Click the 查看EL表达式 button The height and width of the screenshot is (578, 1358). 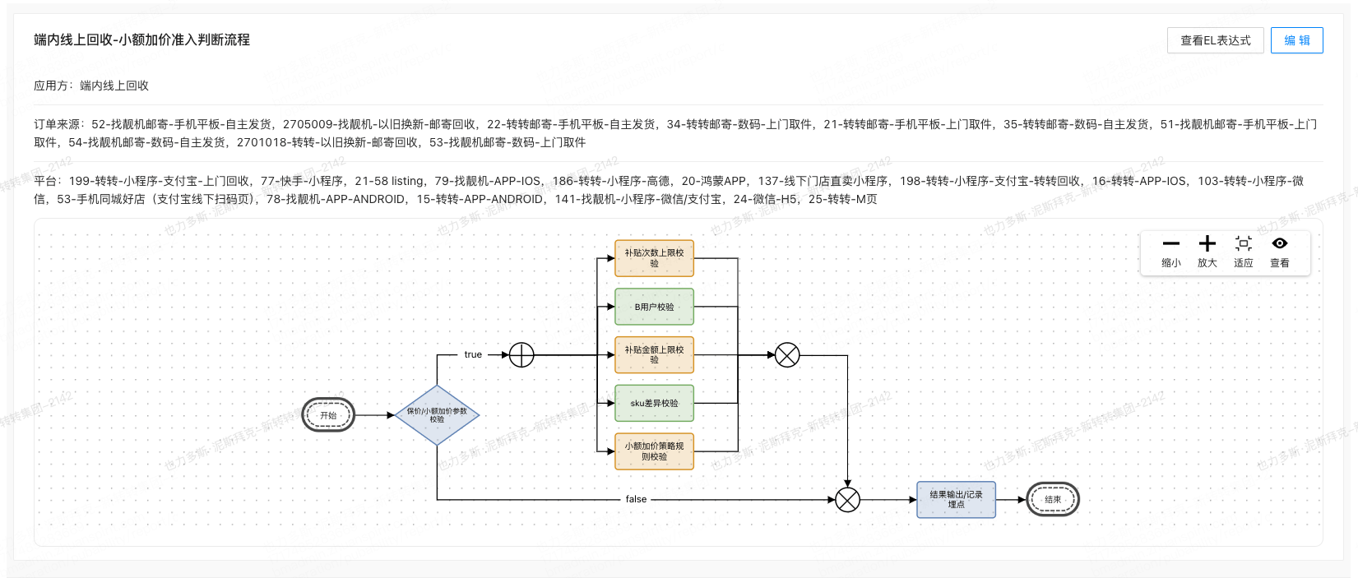(x=1215, y=40)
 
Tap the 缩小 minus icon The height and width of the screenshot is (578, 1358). (x=1170, y=243)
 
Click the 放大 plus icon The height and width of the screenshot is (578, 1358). (x=1207, y=243)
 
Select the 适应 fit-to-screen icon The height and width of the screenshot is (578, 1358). (x=1243, y=243)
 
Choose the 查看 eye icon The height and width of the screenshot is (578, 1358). (x=1279, y=243)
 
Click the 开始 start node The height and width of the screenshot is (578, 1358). (x=328, y=415)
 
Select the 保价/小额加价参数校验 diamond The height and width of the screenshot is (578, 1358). (x=437, y=415)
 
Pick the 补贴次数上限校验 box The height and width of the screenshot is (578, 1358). (x=654, y=258)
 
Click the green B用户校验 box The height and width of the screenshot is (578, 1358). (x=654, y=307)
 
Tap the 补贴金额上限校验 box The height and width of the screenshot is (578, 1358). (x=654, y=355)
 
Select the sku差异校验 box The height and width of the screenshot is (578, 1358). (x=654, y=404)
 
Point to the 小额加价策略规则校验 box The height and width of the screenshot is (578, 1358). (x=654, y=451)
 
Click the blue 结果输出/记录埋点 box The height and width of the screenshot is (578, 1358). (x=956, y=499)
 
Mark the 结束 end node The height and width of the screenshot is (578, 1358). (x=1053, y=499)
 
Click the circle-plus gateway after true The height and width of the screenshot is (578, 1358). (x=521, y=355)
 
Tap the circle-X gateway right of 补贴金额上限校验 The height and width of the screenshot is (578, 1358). (x=787, y=355)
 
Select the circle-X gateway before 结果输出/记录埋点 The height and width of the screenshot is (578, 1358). (x=847, y=499)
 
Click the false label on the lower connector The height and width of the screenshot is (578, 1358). (x=636, y=499)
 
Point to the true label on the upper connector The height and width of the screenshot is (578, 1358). (x=473, y=355)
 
